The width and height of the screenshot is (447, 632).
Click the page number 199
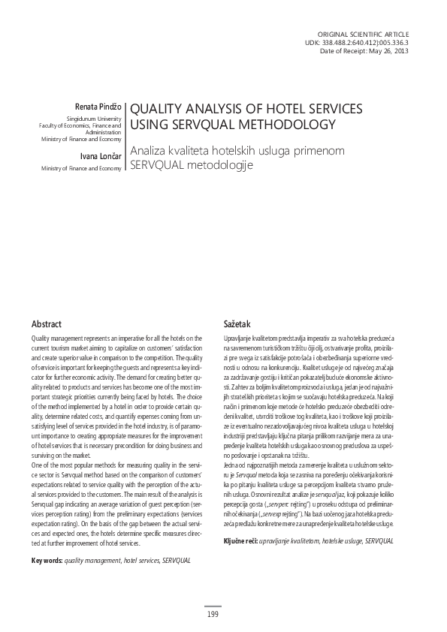point(213,615)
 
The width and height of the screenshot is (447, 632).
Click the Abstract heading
point(47,323)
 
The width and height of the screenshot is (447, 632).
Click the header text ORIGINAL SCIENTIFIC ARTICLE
point(364,35)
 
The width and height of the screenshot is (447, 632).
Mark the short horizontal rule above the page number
point(213,606)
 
